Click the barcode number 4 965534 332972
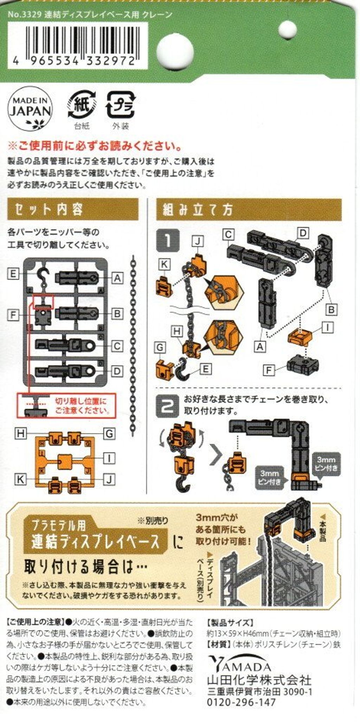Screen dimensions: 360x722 [x=74, y=61]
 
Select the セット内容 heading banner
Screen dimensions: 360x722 [x=73, y=209]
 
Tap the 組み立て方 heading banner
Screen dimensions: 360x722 [x=249, y=210]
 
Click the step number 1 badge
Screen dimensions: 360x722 [x=168, y=240]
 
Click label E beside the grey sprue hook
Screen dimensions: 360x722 [x=13, y=274]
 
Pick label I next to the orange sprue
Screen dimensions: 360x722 [x=109, y=458]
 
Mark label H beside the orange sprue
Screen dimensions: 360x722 [x=21, y=434]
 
